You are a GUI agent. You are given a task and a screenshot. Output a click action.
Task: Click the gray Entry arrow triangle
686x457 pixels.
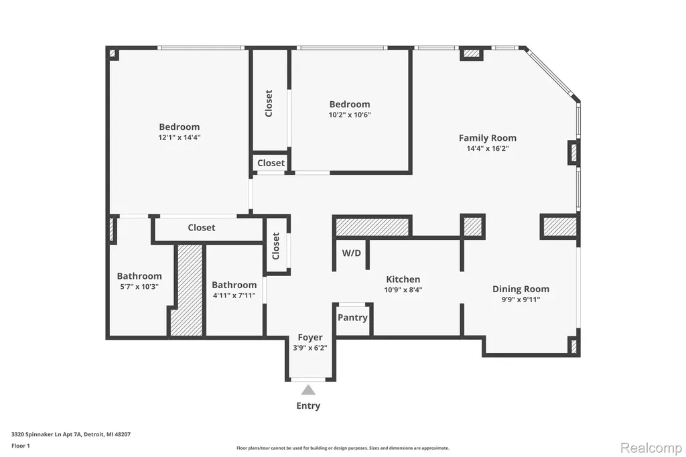308,390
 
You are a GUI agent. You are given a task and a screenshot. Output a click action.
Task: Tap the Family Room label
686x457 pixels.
488,138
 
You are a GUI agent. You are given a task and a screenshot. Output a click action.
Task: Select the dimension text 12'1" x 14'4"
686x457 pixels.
180,137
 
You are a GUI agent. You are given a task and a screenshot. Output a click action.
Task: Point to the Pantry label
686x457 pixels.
352,318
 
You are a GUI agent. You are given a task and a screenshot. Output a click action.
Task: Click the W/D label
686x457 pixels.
351,253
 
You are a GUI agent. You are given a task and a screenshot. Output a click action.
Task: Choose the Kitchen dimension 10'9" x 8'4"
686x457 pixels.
403,289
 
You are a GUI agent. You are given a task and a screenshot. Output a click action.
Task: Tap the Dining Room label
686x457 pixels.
521,289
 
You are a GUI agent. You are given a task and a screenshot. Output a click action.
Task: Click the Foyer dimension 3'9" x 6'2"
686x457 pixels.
310,348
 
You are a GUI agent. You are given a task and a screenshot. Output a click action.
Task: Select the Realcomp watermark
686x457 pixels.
651,448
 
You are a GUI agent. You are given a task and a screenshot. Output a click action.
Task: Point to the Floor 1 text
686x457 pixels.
21,446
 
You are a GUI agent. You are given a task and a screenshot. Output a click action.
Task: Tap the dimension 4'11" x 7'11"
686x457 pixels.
234,296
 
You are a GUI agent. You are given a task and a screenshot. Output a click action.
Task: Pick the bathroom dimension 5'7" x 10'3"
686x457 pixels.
139,287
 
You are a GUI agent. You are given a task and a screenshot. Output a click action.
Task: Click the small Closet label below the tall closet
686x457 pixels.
271,163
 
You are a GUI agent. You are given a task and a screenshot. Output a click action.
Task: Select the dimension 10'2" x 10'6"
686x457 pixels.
350,115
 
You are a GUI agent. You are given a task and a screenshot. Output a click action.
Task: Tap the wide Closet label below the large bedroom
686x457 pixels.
201,228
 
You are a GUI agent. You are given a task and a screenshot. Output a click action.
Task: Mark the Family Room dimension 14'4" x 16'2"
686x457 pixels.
488,148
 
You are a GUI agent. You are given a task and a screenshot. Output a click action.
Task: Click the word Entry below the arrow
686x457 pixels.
308,406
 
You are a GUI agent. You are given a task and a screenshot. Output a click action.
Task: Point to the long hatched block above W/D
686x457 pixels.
372,226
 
